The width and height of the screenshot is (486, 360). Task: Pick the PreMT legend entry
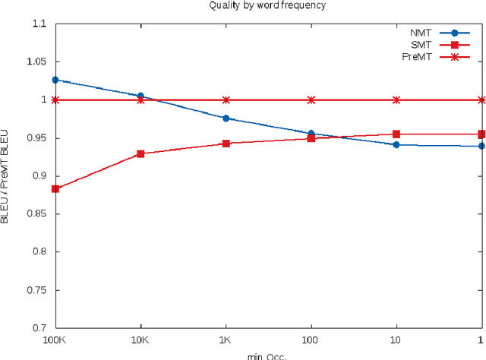click(437, 57)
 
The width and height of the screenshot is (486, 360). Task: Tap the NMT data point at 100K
click(55, 80)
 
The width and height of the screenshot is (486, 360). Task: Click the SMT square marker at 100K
click(55, 188)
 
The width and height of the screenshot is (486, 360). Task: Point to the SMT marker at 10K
click(140, 153)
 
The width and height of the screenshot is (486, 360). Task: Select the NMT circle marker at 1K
click(226, 118)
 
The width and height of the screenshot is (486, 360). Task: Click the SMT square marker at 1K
click(226, 143)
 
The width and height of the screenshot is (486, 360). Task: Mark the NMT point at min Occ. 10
click(396, 144)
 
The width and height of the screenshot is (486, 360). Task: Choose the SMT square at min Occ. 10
click(396, 134)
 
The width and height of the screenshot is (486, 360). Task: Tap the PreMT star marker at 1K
click(226, 99)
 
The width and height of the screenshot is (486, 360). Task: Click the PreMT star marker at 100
click(311, 99)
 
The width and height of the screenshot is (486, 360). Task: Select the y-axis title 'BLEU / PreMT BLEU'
click(8, 176)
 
